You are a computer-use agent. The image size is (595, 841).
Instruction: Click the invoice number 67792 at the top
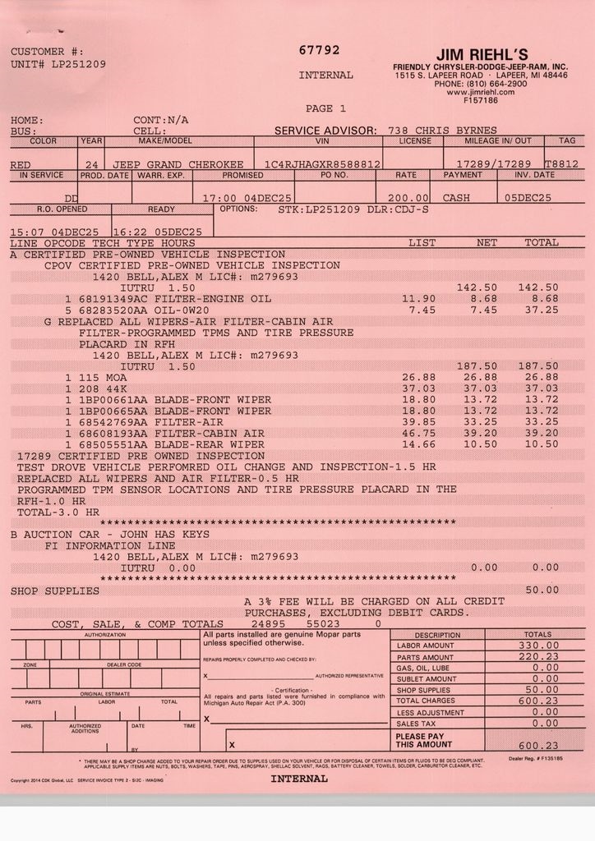click(x=319, y=50)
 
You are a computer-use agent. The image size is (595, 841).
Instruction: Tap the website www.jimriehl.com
click(x=480, y=92)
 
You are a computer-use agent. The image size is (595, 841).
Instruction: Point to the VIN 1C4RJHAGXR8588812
click(x=317, y=164)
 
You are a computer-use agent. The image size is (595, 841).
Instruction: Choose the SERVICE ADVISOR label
click(x=325, y=130)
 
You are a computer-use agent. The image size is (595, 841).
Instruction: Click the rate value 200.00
click(x=409, y=198)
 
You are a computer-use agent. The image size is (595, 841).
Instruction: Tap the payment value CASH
click(x=457, y=198)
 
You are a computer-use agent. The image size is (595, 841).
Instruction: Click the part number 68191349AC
click(x=114, y=299)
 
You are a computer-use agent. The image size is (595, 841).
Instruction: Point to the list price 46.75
click(x=418, y=433)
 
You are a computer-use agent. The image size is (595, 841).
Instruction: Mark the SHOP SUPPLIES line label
click(x=55, y=591)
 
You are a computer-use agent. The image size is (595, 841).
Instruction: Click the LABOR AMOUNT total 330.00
click(x=538, y=646)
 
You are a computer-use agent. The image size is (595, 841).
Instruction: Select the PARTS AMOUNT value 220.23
click(x=538, y=658)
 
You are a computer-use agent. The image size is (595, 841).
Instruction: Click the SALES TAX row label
click(x=416, y=724)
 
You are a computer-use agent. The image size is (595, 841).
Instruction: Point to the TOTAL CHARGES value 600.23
click(x=538, y=701)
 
